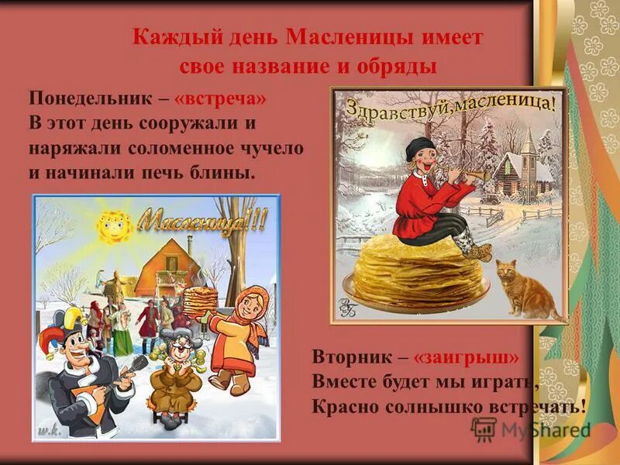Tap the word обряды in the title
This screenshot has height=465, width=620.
[x=394, y=64]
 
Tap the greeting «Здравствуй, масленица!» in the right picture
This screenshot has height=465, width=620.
[x=449, y=109]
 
